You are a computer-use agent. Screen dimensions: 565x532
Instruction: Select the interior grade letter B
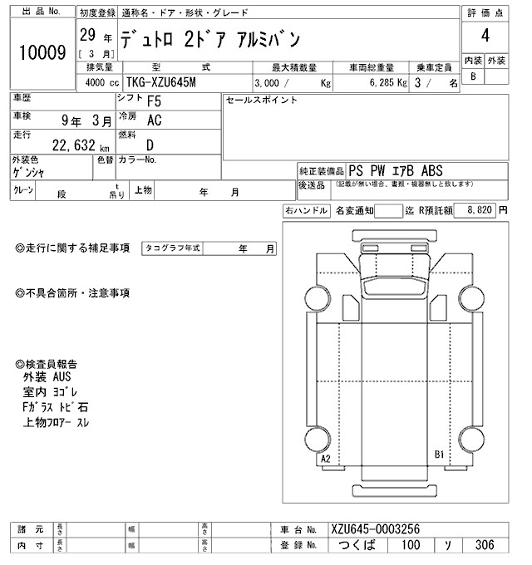(x=473, y=76)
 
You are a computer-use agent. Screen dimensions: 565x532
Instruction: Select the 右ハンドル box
(x=305, y=212)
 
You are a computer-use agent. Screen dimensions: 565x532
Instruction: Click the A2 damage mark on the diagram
(x=326, y=459)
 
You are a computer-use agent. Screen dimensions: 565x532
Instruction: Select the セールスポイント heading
(x=261, y=100)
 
